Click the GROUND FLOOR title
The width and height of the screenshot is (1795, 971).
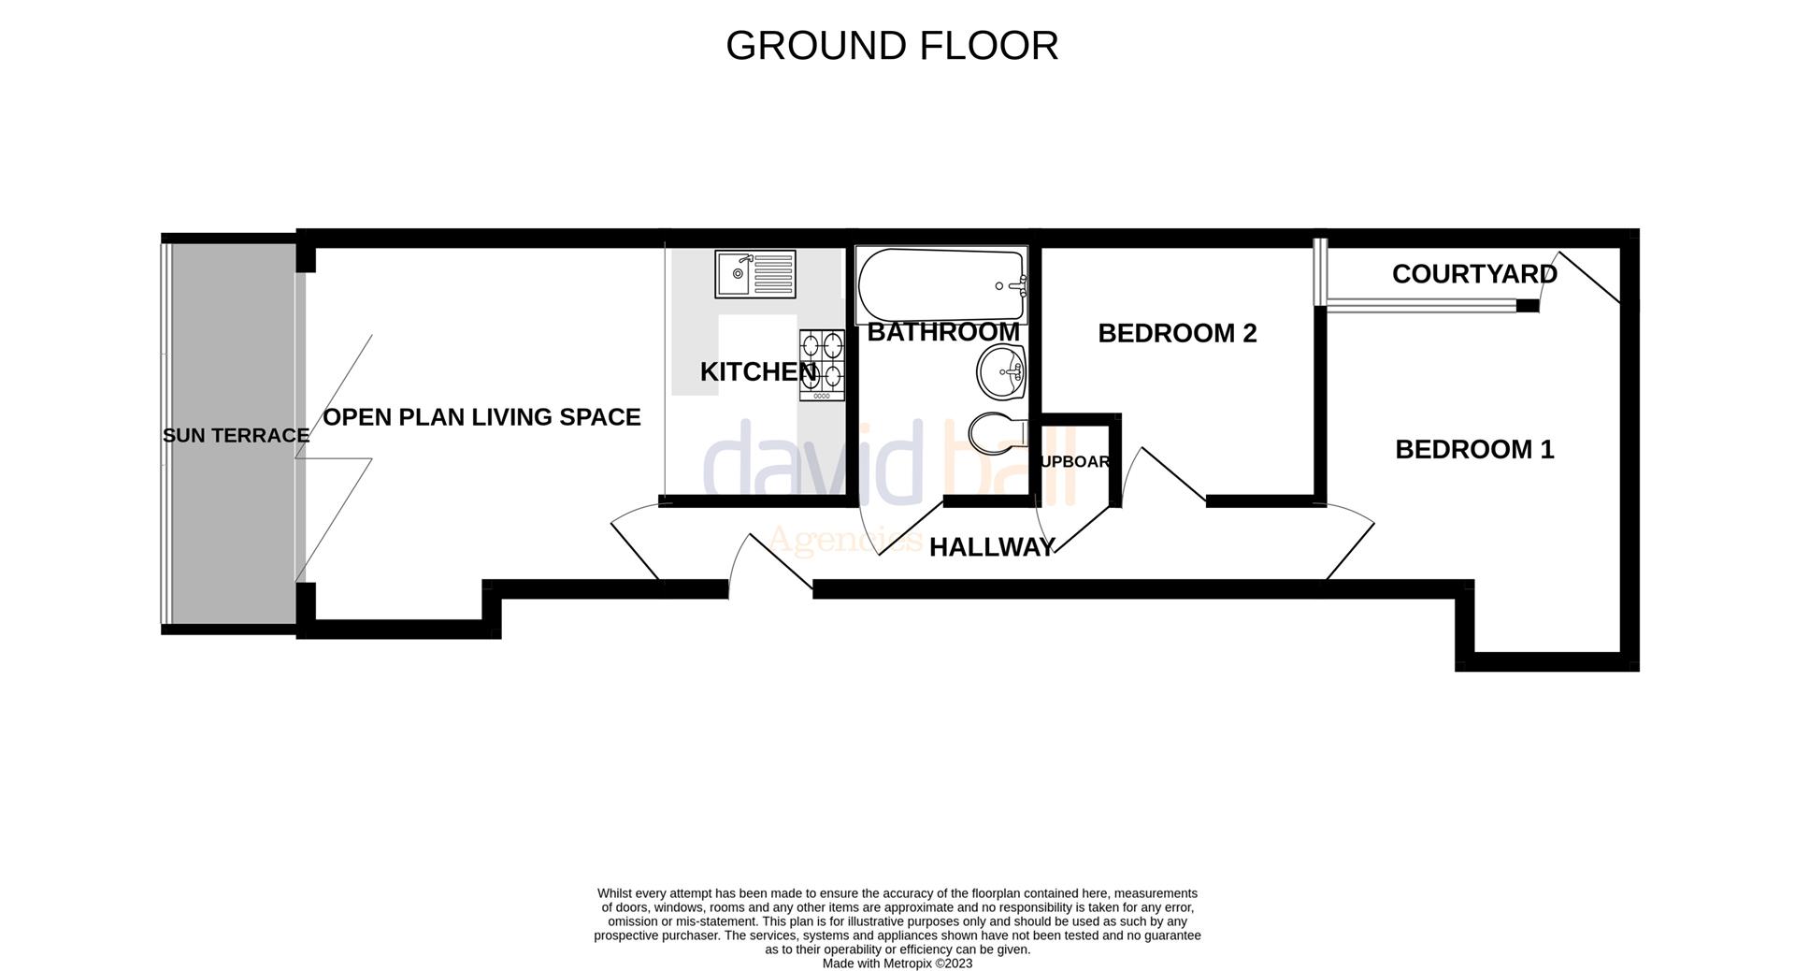click(x=892, y=46)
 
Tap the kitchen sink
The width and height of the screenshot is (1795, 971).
click(x=754, y=274)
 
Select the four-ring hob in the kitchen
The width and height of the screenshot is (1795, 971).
click(x=822, y=365)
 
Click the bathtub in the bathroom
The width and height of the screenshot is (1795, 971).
click(x=941, y=285)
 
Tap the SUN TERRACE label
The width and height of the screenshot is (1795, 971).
click(x=236, y=436)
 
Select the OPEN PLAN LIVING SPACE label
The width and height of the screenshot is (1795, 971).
click(x=481, y=417)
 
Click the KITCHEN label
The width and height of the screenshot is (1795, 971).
click(x=758, y=372)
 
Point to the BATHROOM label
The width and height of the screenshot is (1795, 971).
click(x=943, y=332)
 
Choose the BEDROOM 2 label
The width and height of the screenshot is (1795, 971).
click(x=1177, y=333)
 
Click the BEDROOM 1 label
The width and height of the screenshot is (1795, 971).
click(x=1474, y=450)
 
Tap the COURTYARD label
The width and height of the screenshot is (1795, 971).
click(x=1474, y=274)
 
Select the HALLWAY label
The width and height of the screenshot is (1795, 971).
click(x=992, y=547)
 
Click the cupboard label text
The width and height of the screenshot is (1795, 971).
click(x=1075, y=462)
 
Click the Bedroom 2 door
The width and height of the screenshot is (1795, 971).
click(x=1170, y=475)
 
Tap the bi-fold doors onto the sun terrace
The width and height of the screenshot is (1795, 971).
click(x=333, y=458)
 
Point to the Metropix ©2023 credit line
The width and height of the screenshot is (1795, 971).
click(x=897, y=964)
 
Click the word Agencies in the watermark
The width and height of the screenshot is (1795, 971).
click(x=844, y=541)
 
